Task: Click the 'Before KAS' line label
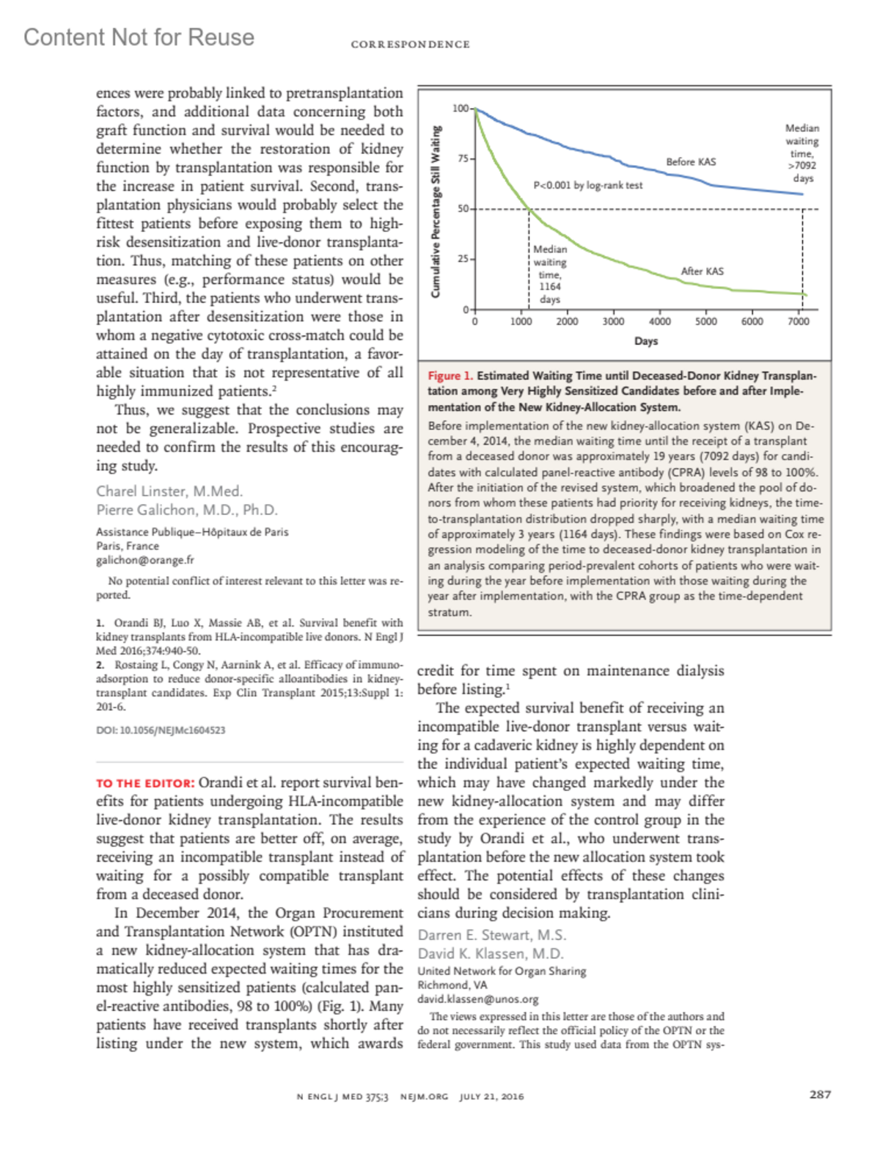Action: (x=690, y=161)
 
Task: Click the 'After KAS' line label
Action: (x=702, y=271)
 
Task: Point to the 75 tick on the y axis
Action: (x=463, y=158)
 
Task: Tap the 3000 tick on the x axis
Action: (x=613, y=321)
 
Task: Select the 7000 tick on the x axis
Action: (x=799, y=321)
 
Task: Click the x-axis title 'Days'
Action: (x=646, y=341)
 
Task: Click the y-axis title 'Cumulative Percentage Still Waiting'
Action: (x=436, y=211)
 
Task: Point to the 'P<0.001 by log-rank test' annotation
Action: (x=587, y=186)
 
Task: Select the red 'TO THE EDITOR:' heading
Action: (x=145, y=784)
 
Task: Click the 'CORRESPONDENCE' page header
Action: (x=410, y=45)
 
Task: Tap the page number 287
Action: (x=820, y=1095)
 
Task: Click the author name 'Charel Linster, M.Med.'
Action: (x=169, y=492)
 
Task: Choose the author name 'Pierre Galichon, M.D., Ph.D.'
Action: (x=187, y=510)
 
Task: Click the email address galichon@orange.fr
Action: (x=145, y=561)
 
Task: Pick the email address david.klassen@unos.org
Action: (x=478, y=999)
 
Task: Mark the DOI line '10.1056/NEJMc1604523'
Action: (x=161, y=730)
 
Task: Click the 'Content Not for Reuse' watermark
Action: (x=139, y=37)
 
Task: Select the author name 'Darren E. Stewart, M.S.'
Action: (x=492, y=936)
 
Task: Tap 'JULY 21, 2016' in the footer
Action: (x=491, y=1097)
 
